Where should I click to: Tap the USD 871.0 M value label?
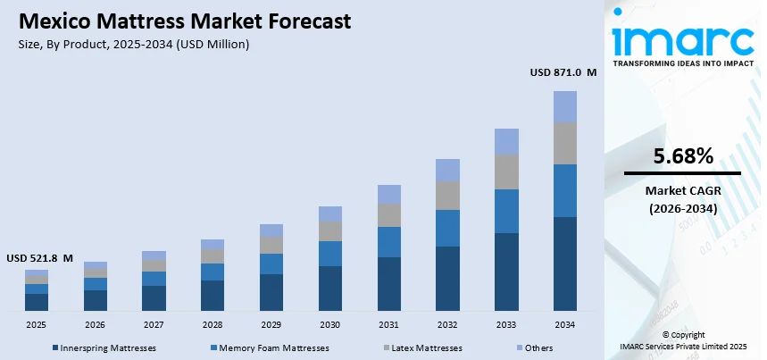[563, 72]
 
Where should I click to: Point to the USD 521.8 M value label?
[39, 257]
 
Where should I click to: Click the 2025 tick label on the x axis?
[37, 324]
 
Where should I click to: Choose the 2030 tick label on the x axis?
[330, 324]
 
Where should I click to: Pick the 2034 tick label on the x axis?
[565, 324]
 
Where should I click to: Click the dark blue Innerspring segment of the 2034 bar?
[565, 264]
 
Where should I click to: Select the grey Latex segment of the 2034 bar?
[565, 143]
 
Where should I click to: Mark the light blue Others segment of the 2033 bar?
[506, 141]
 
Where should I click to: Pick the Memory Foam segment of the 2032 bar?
[447, 228]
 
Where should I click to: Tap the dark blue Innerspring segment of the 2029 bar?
[271, 292]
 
